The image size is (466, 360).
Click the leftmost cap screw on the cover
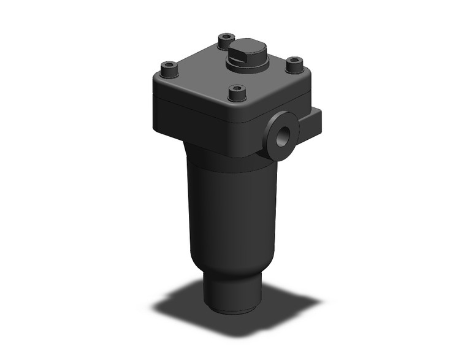(169, 69)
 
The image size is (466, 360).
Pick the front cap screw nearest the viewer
(237, 94)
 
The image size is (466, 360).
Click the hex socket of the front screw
(237, 90)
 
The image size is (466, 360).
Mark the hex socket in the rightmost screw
(296, 61)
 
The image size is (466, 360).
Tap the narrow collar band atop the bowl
(227, 161)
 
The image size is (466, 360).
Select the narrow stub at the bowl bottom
(232, 294)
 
